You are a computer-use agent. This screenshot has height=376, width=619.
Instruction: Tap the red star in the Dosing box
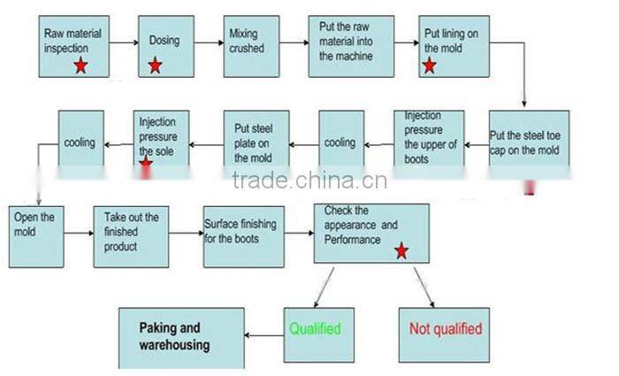155,65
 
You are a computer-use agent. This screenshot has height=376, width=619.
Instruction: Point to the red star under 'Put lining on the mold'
431,65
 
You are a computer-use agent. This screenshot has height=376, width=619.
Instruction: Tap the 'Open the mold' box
35,234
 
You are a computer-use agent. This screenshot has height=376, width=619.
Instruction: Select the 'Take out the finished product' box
131,234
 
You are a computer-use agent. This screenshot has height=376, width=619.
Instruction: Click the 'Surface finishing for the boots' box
243,234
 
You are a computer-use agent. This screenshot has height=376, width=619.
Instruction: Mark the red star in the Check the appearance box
401,251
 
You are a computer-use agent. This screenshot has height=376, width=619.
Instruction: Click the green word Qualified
316,329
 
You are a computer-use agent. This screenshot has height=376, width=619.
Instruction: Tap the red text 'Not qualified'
446,329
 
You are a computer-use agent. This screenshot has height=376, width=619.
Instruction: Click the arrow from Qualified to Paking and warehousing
263,336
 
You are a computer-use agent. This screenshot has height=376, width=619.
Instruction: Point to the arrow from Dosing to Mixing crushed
209,42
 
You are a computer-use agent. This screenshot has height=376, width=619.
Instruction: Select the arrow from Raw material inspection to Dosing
126,42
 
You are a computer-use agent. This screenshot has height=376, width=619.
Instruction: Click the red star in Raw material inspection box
80,65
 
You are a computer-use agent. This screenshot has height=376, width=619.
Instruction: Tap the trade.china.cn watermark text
309,181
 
